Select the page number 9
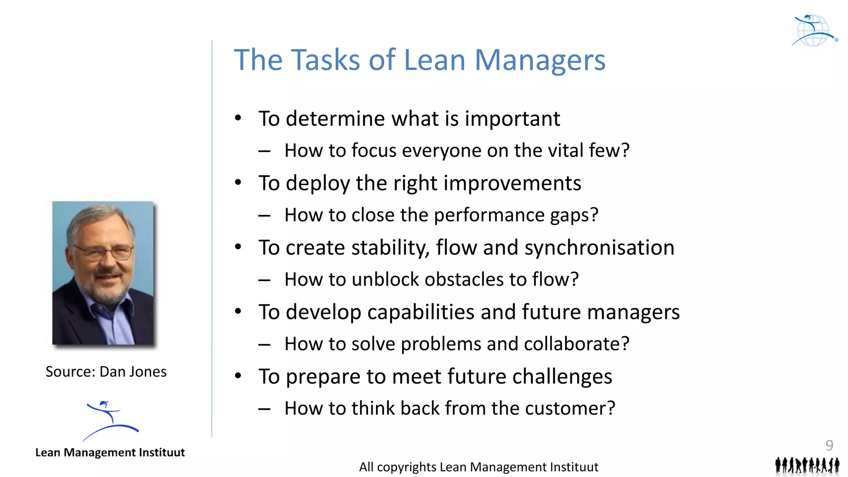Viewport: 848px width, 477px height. (829, 445)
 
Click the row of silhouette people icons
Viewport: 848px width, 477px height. (807, 465)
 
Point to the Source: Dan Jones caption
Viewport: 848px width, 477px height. (106, 372)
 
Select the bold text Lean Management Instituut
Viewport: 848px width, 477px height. (110, 452)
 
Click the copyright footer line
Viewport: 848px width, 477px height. (478, 467)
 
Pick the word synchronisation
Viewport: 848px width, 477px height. (599, 248)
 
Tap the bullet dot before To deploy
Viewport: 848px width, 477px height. (238, 182)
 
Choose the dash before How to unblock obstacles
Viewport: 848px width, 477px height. (264, 280)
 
